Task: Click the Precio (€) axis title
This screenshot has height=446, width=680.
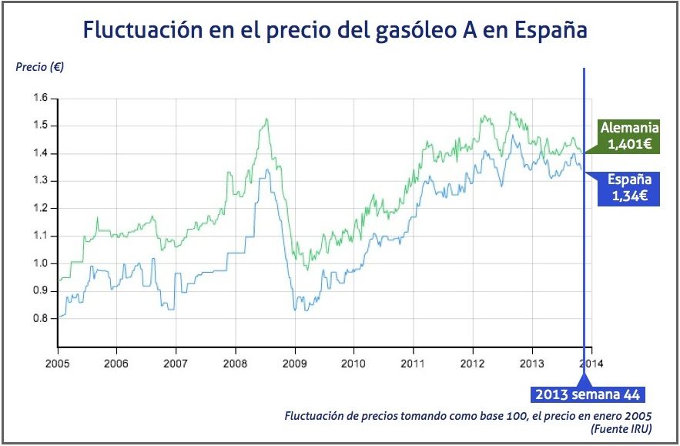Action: pyautogui.click(x=40, y=66)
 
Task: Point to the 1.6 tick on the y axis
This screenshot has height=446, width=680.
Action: pyautogui.click(x=40, y=98)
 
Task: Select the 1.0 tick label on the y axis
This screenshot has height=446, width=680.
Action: pyautogui.click(x=40, y=263)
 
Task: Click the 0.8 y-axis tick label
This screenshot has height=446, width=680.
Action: pyautogui.click(x=40, y=318)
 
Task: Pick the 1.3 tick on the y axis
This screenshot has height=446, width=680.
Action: pyautogui.click(x=40, y=181)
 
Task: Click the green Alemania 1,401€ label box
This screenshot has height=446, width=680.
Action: pyautogui.click(x=629, y=136)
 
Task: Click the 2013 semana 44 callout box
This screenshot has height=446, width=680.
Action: pyautogui.click(x=587, y=395)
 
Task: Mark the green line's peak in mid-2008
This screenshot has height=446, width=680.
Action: pyautogui.click(x=266, y=119)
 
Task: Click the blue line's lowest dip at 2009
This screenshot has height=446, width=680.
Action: pyautogui.click(x=296, y=310)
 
